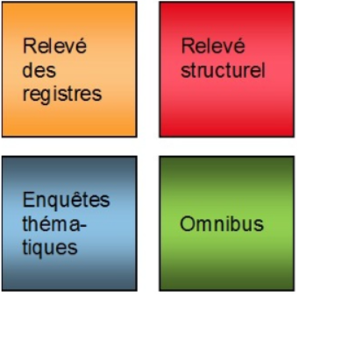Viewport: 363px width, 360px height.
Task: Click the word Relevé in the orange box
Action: coord(54,46)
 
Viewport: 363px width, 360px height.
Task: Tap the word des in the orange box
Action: coord(39,70)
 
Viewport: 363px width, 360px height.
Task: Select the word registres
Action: coord(62,95)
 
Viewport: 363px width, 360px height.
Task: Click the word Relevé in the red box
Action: coord(213,46)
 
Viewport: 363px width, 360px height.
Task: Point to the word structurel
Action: coord(224,70)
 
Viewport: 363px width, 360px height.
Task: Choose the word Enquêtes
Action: coord(66,200)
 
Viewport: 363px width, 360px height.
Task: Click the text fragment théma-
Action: coord(54,223)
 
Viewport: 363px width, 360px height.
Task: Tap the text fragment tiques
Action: coord(50,249)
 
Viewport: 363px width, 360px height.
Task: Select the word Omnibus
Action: coord(222,224)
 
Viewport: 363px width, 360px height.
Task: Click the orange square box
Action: coord(69,69)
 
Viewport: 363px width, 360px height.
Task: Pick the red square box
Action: coord(227,69)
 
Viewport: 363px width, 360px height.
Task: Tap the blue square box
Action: coord(69,223)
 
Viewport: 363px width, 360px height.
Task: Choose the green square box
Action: coord(227,223)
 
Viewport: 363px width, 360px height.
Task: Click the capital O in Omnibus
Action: coord(187,224)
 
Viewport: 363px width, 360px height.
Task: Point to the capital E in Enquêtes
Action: coord(28,200)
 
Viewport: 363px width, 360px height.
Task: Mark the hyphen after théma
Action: coord(82,226)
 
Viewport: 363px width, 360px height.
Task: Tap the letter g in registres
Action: coord(45,96)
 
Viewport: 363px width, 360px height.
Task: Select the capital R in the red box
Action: coord(188,46)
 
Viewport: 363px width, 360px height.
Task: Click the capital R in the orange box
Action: coord(30,46)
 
